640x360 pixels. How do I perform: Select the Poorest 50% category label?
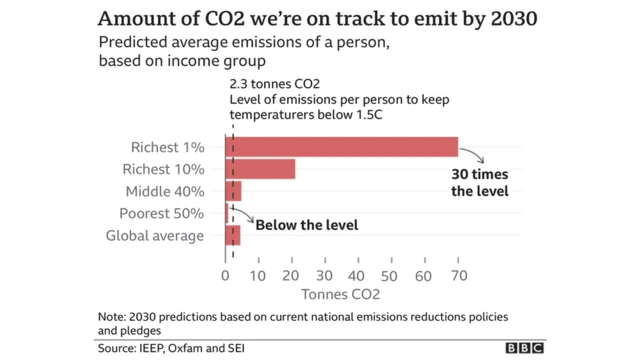coord(163,213)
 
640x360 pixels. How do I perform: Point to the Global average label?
coord(155,236)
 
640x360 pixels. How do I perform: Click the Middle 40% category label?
coord(165,191)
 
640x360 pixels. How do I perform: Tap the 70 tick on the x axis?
coord(457,275)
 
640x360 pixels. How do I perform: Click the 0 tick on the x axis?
coord(225,275)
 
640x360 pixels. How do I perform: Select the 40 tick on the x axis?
coord(358,275)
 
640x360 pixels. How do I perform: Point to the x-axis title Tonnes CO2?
coord(340,295)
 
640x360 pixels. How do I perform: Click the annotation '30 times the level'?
coord(479,182)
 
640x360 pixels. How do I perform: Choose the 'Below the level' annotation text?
coord(307,225)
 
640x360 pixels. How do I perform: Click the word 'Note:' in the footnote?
coord(115,317)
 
